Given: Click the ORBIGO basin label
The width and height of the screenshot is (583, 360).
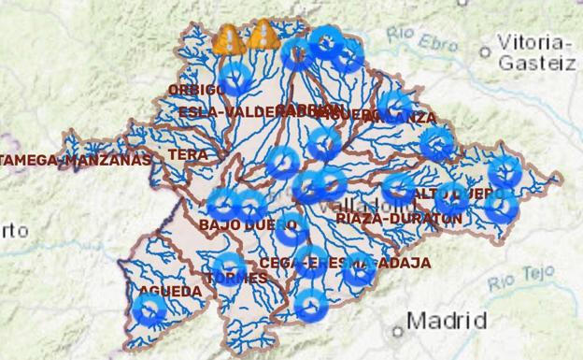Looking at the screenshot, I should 196,90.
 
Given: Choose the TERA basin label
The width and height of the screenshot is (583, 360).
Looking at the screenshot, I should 189,154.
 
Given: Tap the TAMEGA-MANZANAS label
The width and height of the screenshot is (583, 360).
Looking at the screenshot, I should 76,160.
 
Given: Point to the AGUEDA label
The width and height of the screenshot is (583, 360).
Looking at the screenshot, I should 170,292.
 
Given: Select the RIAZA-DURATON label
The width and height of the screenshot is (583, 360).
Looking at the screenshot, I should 399,218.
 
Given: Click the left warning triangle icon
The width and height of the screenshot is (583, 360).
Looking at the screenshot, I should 228,39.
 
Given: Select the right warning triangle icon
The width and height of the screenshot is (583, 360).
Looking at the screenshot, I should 264,35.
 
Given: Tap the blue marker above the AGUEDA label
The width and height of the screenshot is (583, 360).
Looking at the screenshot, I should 149,309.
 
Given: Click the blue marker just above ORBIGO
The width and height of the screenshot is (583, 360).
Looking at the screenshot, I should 236,78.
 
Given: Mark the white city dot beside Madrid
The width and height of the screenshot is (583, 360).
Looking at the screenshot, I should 397,330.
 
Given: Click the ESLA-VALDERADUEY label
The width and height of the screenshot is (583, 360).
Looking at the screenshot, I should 229,111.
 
